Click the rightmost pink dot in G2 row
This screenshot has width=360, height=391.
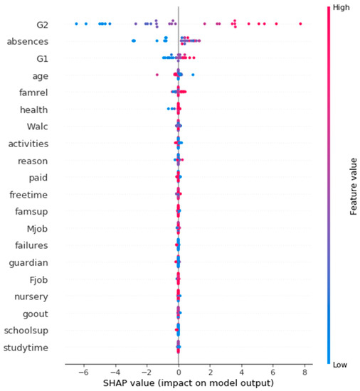tap(301, 24)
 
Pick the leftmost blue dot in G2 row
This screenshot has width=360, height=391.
tap(76, 24)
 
